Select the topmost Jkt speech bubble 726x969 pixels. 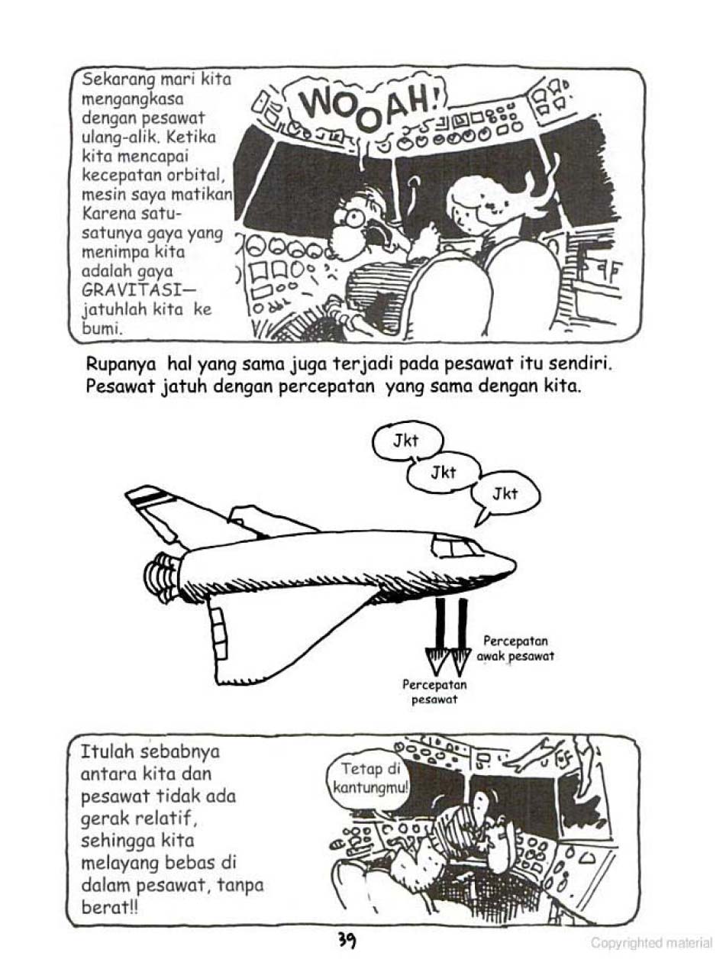[x=407, y=441]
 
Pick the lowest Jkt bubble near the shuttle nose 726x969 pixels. [x=505, y=494]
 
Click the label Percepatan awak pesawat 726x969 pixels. [x=516, y=648]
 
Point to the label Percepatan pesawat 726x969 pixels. [x=434, y=692]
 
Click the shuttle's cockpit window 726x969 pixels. [x=457, y=547]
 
